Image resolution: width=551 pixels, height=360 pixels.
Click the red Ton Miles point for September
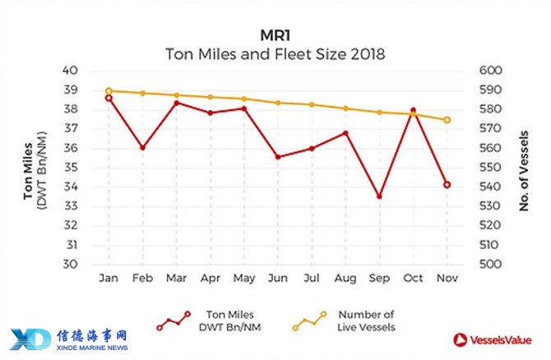pyautogui.click(x=379, y=196)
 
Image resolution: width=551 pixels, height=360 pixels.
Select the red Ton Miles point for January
pyautogui.click(x=109, y=98)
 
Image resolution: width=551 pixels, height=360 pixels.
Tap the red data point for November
pyautogui.click(x=447, y=185)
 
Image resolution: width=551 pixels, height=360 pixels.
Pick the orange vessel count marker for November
pyautogui.click(x=447, y=120)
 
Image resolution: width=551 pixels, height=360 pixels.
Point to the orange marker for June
pyautogui.click(x=278, y=103)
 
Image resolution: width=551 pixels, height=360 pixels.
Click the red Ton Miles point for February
pyautogui.click(x=142, y=148)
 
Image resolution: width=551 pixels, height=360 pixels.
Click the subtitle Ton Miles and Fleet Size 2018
pyautogui.click(x=275, y=55)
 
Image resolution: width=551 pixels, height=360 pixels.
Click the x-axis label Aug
pyautogui.click(x=345, y=279)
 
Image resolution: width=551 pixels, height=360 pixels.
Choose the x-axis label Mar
pyautogui.click(x=176, y=279)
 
